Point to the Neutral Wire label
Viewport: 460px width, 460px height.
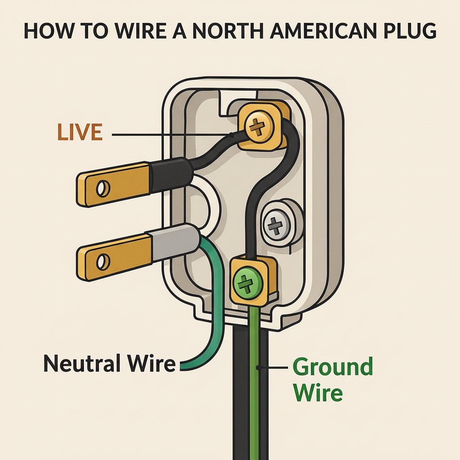[x=109, y=363]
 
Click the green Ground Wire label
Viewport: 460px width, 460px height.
[x=332, y=380]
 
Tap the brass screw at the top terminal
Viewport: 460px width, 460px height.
[x=258, y=128]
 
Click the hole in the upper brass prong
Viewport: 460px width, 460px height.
[x=103, y=189]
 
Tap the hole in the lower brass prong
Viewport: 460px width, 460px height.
[x=103, y=261]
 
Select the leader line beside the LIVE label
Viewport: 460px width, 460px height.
[x=171, y=134]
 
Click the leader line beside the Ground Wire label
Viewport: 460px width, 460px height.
[x=273, y=368]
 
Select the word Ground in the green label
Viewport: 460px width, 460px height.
[x=332, y=367]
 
